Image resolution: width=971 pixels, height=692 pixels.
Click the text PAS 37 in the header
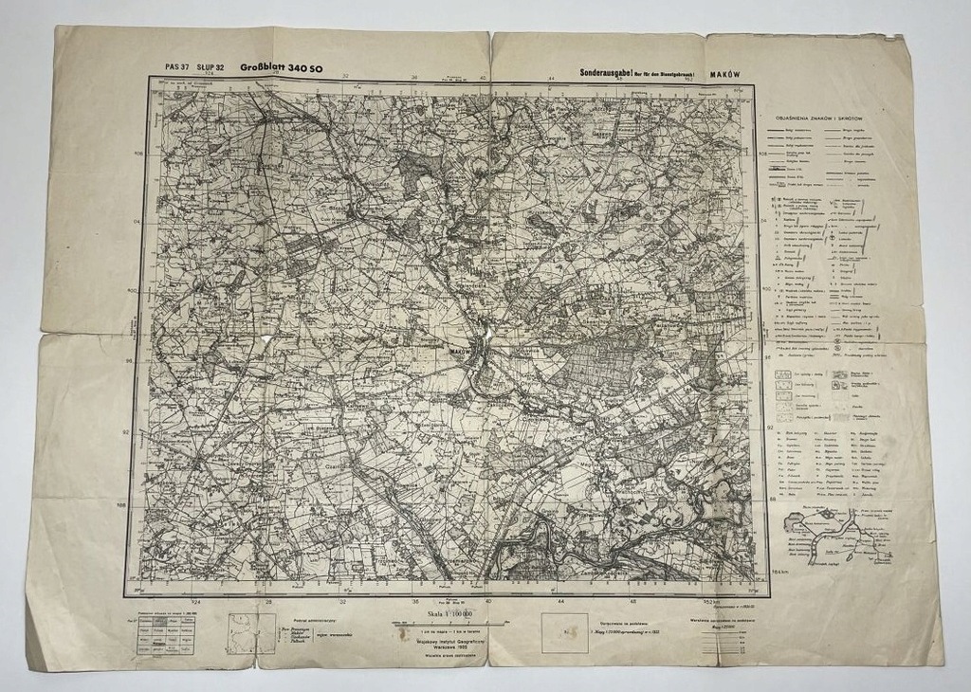pyautogui.click(x=177, y=67)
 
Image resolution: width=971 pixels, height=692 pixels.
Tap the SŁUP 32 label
pyautogui.click(x=211, y=67)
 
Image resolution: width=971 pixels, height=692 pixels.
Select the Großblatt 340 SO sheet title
pyautogui.click(x=281, y=67)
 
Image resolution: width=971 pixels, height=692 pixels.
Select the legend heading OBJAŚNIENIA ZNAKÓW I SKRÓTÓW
pyautogui.click(x=829, y=119)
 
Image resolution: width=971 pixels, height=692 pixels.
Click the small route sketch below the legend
pyautogui.click(x=822, y=536)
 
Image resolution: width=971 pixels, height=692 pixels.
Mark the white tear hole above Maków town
pyautogui.click(x=486, y=327)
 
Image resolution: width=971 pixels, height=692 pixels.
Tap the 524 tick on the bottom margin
pyautogui.click(x=196, y=601)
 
